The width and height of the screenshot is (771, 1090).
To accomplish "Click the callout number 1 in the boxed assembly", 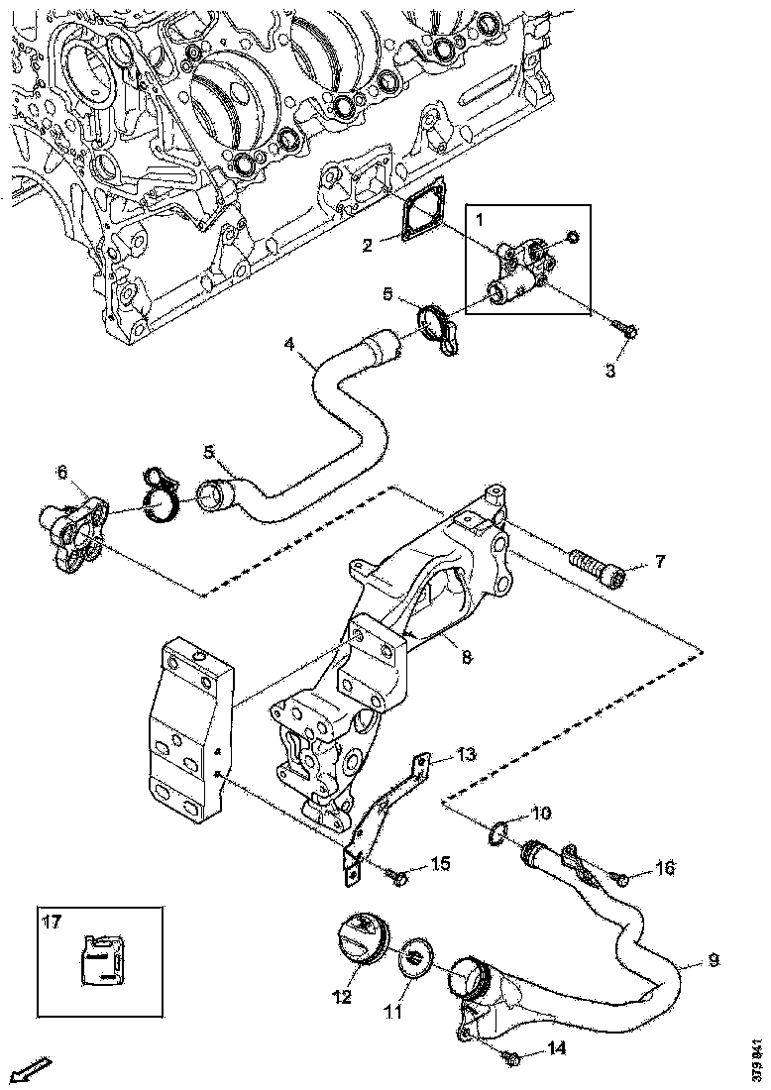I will pos(479,217).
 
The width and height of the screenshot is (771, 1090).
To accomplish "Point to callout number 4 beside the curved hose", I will pos(288,345).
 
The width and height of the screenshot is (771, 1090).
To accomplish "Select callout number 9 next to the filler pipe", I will pos(714,960).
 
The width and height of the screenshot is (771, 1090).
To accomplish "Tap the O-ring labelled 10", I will pos(499,834).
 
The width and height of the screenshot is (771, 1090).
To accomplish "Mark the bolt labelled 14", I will pos(511,1057).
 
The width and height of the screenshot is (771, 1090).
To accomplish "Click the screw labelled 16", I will pos(619,876).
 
